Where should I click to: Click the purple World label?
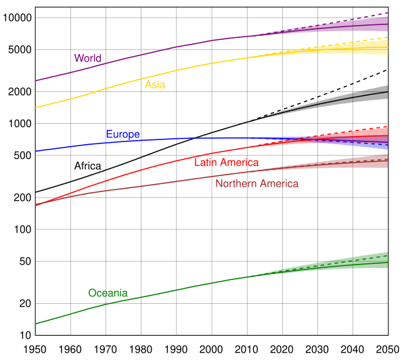click(x=87, y=58)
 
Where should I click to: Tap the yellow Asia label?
click(x=155, y=85)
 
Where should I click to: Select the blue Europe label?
click(x=122, y=135)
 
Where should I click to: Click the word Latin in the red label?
click(x=206, y=162)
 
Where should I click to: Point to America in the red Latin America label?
click(x=240, y=162)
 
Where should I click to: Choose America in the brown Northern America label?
click(x=277, y=184)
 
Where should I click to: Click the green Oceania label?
click(x=108, y=293)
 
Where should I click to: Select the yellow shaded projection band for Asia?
click(x=369, y=48)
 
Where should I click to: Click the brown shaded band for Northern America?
click(x=365, y=161)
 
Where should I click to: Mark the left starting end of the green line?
click(x=36, y=323)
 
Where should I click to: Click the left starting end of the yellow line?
click(x=36, y=107)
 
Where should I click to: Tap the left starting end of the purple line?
click(x=36, y=81)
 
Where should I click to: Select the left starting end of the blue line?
click(x=36, y=150)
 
